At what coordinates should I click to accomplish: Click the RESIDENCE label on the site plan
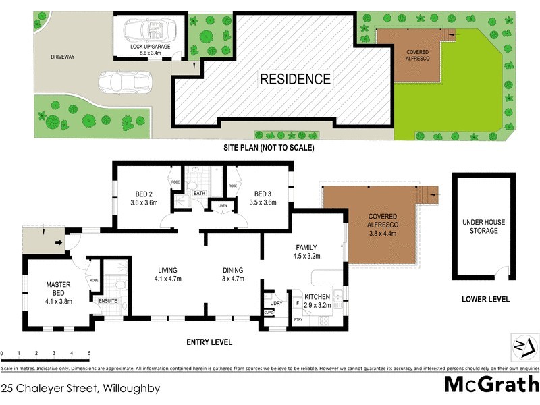[x=296, y=79]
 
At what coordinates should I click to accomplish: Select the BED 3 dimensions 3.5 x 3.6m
[x=263, y=202]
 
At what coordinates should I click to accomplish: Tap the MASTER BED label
[x=58, y=288]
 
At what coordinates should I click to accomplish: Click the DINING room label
[x=234, y=270]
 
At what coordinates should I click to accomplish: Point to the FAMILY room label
[x=306, y=247]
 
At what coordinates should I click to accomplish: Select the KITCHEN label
[x=317, y=297]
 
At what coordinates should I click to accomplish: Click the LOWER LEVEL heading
[x=485, y=300]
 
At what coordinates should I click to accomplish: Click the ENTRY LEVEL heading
[x=209, y=342]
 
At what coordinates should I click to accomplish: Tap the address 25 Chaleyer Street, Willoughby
[x=80, y=388]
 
